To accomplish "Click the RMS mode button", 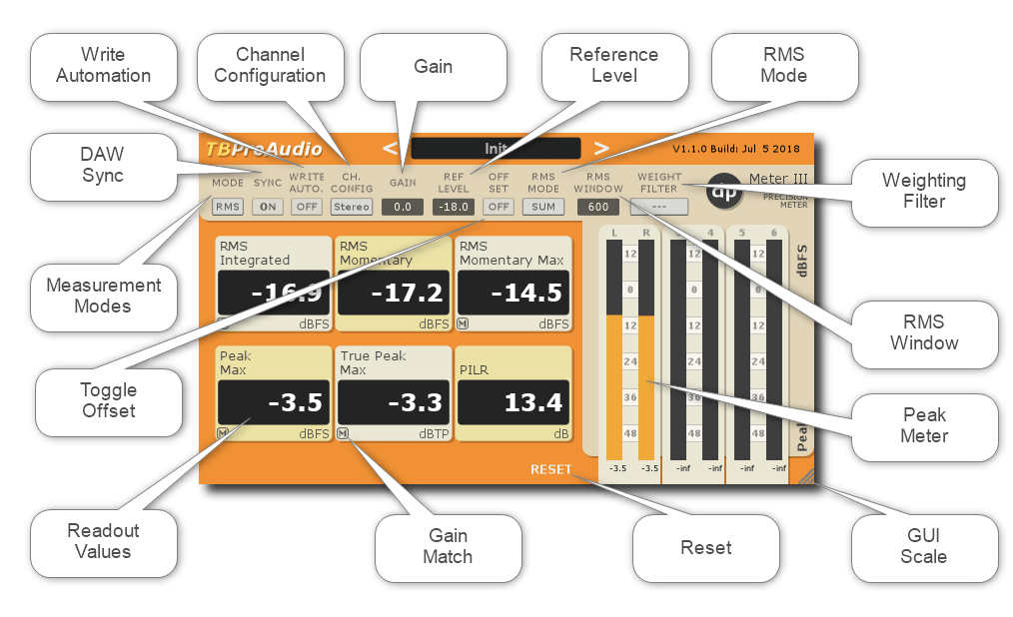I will pyautogui.click(x=227, y=207).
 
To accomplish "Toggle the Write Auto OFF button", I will pyautogui.click(x=306, y=207).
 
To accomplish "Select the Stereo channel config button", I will pyautogui.click(x=352, y=207).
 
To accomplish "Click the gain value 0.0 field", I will pyautogui.click(x=403, y=207).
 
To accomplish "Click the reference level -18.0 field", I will pyautogui.click(x=454, y=207).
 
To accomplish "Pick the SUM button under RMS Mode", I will pyautogui.click(x=542, y=207).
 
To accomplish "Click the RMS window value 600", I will pyautogui.click(x=596, y=207).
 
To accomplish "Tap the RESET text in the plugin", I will pyautogui.click(x=550, y=469).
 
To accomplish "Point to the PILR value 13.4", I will pyautogui.click(x=512, y=402).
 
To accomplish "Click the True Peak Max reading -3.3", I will pyautogui.click(x=391, y=402).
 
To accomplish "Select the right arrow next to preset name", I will pyautogui.click(x=601, y=149).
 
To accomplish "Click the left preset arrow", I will pyautogui.click(x=390, y=149).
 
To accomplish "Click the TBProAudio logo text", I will pyautogui.click(x=264, y=150).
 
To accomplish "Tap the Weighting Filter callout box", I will pyautogui.click(x=923, y=191).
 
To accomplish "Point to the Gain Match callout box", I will pyautogui.click(x=447, y=545).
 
